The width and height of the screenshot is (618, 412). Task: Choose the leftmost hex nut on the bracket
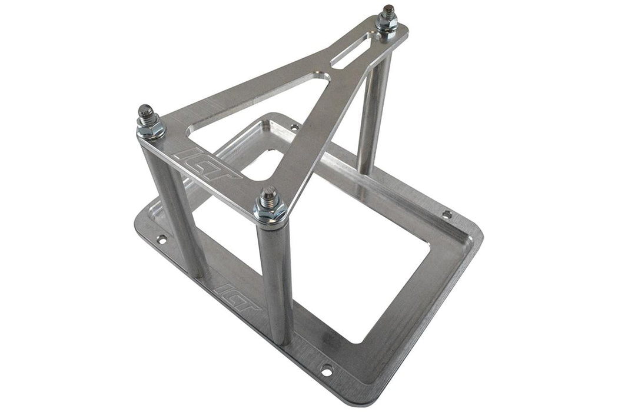149,128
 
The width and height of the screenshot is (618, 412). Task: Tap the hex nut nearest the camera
270,211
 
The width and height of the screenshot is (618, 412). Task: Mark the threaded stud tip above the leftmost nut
145,111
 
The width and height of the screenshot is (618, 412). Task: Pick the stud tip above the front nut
269,193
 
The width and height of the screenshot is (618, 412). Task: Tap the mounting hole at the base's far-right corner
447,214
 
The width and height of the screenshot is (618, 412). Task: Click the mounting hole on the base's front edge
325,371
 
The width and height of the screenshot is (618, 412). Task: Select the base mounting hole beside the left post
161,239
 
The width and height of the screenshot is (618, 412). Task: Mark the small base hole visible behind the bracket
293,126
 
